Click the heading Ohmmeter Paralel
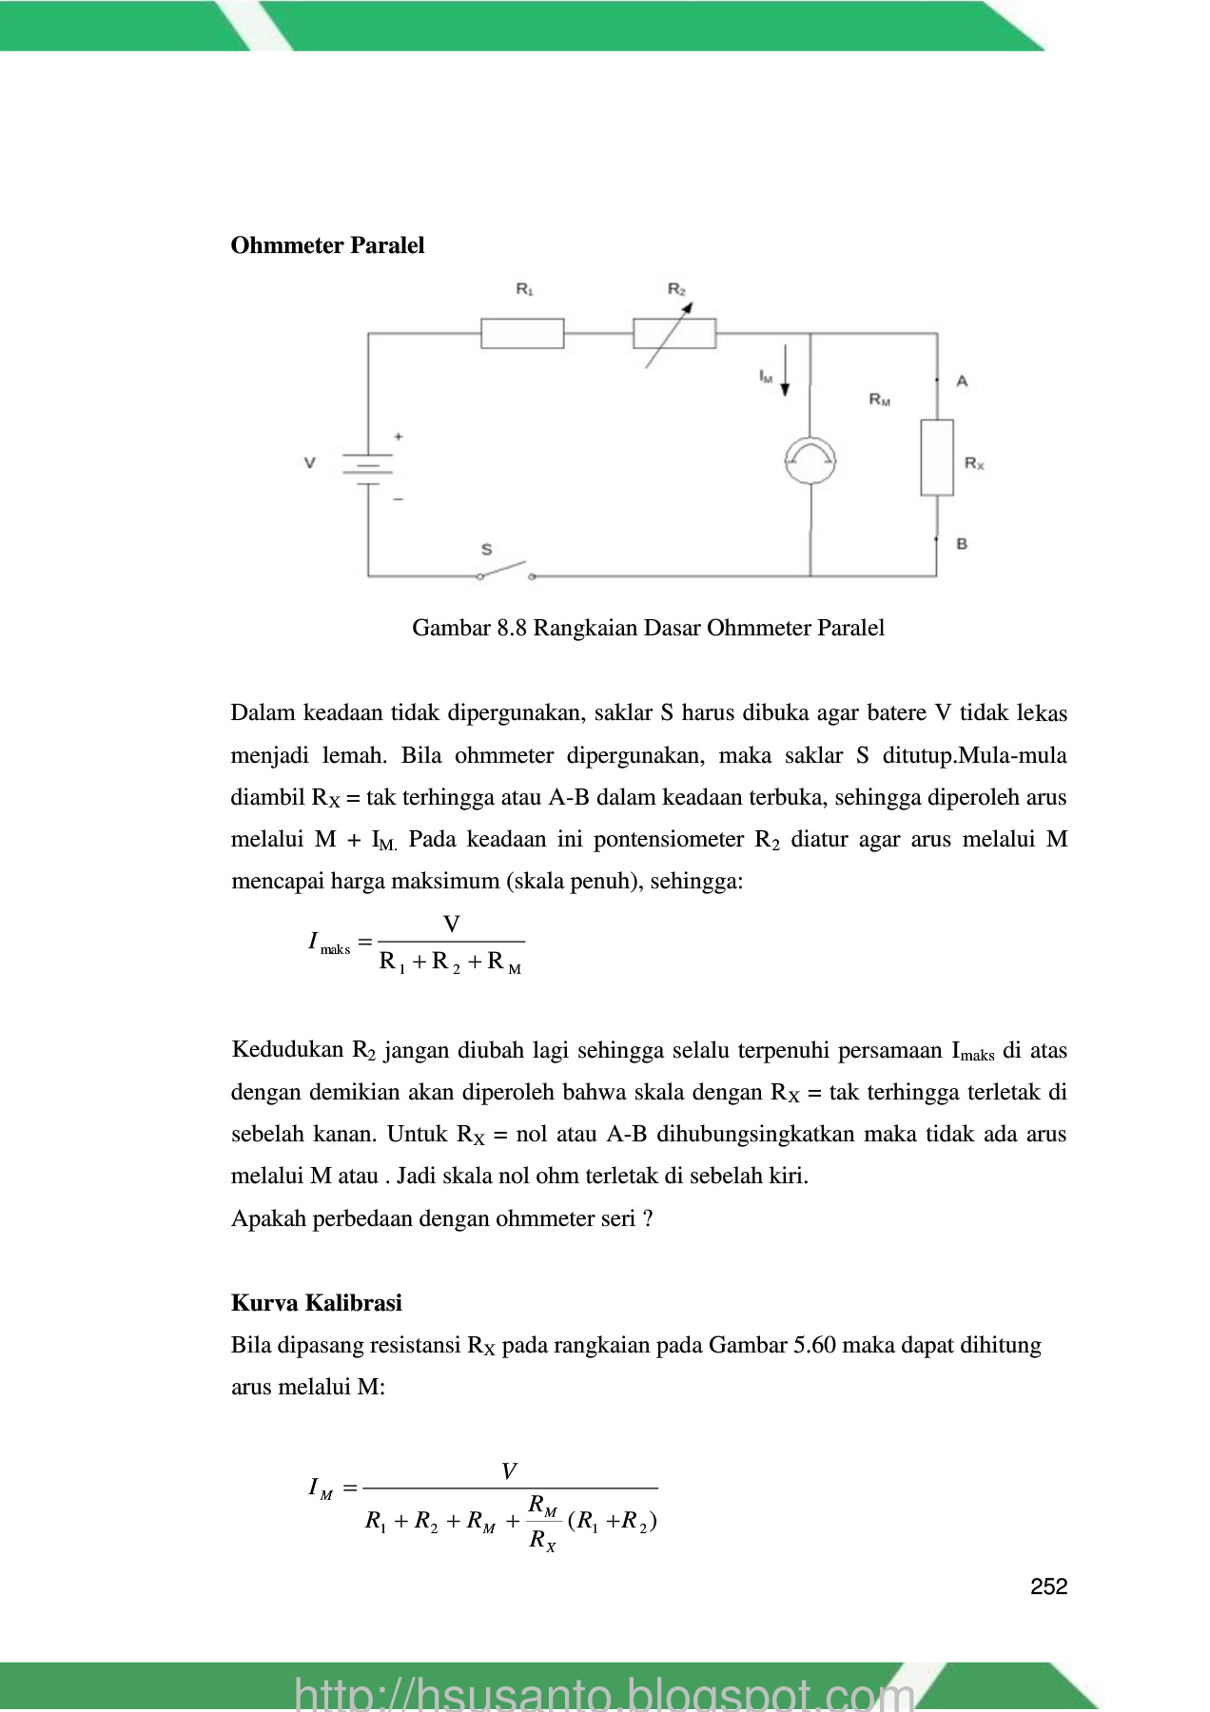tap(327, 245)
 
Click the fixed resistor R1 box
tap(522, 334)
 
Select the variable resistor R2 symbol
tap(674, 334)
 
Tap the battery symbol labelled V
tap(367, 466)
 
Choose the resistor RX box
tap(937, 457)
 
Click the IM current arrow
tap(786, 372)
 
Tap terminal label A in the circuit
tap(962, 381)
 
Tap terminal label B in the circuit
tap(962, 544)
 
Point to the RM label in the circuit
tap(880, 399)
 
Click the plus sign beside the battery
tap(399, 437)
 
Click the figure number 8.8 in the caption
tap(511, 628)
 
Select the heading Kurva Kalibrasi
tap(316, 1303)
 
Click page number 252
tap(1048, 1586)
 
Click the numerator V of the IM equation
tap(509, 1471)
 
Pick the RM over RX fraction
tap(543, 1522)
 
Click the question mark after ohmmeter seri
tap(648, 1219)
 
